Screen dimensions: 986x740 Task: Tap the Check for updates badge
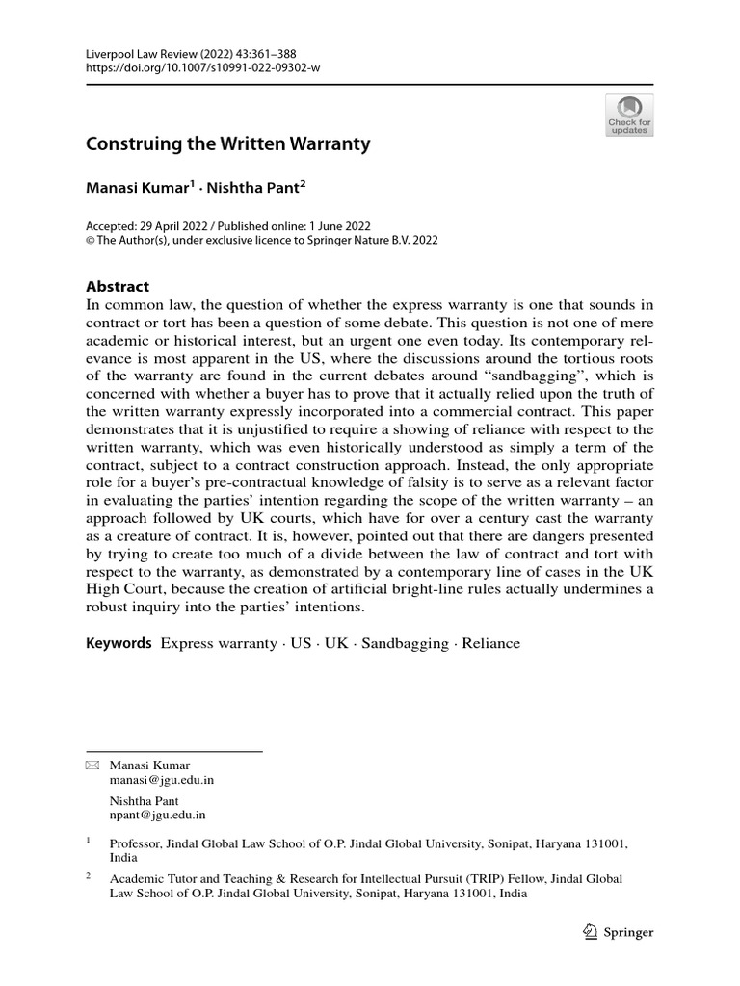[x=628, y=116]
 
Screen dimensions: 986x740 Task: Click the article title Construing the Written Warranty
[x=228, y=145]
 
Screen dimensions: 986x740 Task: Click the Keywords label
[x=119, y=643]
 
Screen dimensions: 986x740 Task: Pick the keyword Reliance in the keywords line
[x=489, y=643]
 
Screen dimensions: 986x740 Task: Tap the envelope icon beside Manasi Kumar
[x=92, y=765]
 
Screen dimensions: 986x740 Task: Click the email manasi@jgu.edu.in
[x=162, y=781]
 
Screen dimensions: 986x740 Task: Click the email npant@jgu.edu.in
[x=158, y=815]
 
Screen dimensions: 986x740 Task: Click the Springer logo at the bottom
[x=619, y=932]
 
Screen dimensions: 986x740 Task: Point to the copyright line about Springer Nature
[x=262, y=241]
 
